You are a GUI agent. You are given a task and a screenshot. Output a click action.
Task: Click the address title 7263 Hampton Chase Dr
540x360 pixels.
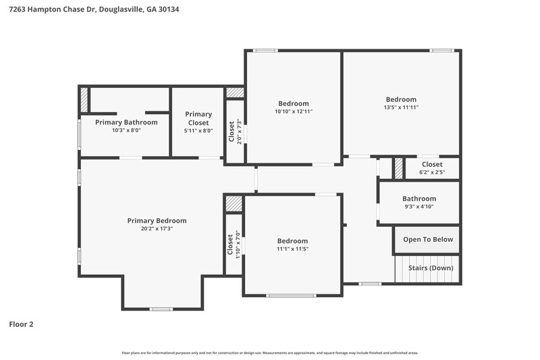(94, 10)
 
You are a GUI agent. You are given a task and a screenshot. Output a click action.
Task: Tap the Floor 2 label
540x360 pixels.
(21, 324)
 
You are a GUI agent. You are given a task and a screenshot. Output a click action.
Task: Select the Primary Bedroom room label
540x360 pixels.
(157, 221)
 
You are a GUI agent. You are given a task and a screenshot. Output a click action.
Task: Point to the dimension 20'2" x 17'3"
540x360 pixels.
(157, 229)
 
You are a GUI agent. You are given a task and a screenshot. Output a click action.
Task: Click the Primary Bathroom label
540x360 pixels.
(126, 122)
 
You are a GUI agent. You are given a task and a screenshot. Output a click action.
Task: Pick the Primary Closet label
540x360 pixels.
(198, 118)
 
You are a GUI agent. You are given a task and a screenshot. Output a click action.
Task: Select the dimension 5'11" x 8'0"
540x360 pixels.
(198, 131)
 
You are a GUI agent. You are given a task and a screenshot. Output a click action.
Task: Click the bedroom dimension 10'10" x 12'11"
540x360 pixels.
(293, 111)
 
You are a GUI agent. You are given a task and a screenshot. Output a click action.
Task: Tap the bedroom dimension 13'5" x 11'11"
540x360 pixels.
(401, 107)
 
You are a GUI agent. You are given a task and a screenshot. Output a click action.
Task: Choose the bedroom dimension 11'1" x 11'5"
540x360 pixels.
(292, 249)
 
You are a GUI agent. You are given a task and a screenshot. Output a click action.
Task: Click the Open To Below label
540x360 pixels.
(428, 240)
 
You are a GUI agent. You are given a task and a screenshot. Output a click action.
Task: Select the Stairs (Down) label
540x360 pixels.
(431, 268)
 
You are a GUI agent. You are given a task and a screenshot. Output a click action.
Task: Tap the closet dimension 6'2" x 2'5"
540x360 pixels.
(432, 173)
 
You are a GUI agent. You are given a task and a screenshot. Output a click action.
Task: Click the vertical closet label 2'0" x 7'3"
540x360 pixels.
(235, 131)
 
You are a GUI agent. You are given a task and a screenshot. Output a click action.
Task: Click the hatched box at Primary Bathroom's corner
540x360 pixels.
(84, 99)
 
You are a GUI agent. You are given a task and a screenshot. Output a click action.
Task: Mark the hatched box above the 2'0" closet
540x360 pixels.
(234, 93)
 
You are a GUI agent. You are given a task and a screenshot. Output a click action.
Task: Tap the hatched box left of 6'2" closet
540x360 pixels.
(398, 168)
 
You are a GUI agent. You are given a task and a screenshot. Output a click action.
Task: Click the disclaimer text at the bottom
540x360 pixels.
(270, 353)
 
